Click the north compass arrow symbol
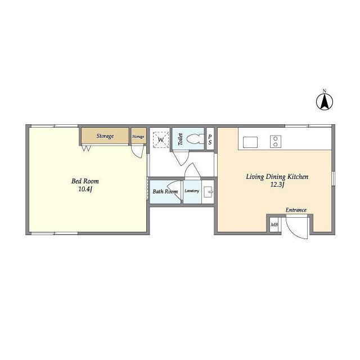pos(325,101)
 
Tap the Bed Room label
pos(85,181)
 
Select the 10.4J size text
pos(85,190)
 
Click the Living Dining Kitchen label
pos(277,177)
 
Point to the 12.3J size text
pos(277,184)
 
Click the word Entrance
pos(296,210)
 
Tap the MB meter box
pos(274,224)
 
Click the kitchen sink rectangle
pos(250,142)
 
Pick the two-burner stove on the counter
pos(276,141)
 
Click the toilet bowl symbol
pos(195,139)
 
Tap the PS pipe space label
pos(210,139)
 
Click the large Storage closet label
pos(105,136)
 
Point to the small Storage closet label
pos(138,137)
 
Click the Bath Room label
pos(165,191)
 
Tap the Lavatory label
pos(192,191)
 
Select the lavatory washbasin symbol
pos(209,192)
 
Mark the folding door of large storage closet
pos(87,148)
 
